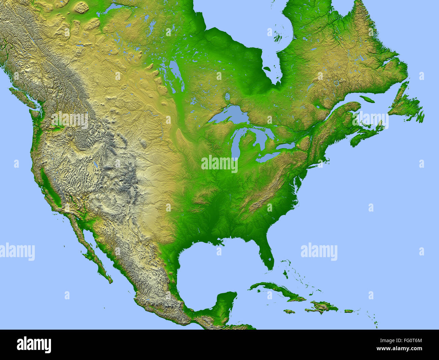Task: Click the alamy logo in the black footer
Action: tap(34, 344)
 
